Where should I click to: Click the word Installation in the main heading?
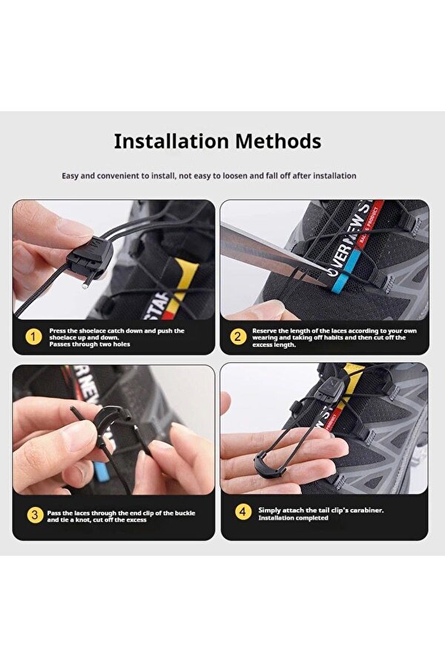click(171, 142)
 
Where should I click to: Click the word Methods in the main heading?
click(278, 142)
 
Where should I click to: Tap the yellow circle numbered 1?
click(33, 337)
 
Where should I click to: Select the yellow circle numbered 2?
click(238, 337)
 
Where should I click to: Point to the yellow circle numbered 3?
click(35, 516)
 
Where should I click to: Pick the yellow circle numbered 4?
click(243, 511)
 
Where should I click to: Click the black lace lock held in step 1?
click(90, 258)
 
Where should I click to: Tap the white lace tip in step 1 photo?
click(85, 287)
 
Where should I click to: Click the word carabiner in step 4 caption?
click(366, 510)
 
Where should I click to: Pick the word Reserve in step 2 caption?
click(263, 331)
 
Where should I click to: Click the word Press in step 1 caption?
click(58, 331)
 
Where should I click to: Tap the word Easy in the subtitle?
click(70, 176)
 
